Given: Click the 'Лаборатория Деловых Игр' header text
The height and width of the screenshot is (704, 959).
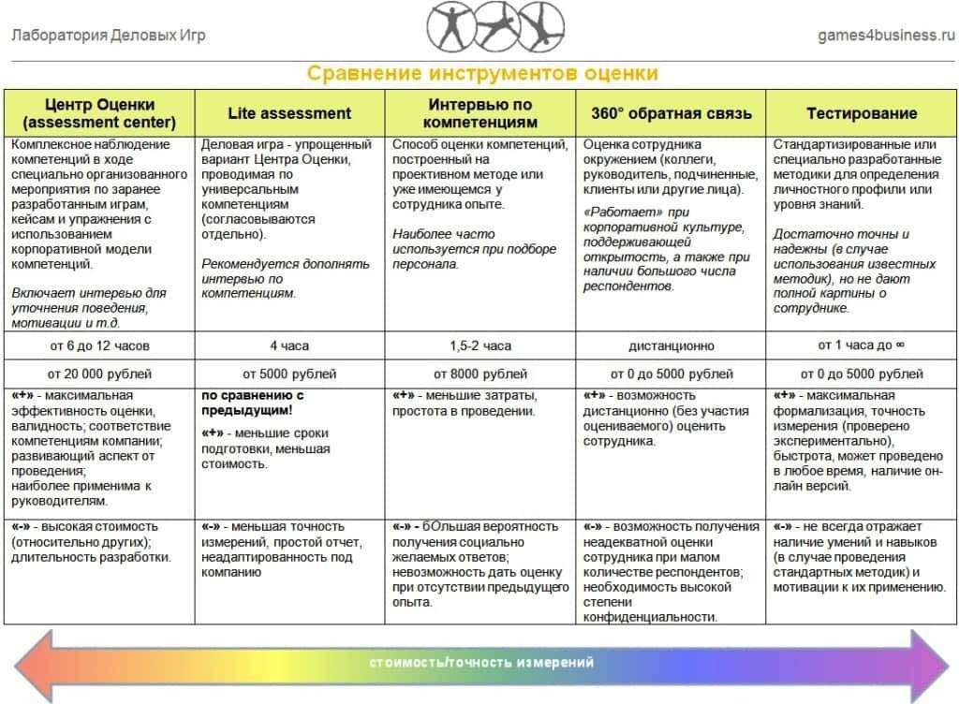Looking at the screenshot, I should (x=109, y=36).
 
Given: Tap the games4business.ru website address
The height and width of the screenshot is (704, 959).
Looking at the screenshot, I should (x=886, y=36).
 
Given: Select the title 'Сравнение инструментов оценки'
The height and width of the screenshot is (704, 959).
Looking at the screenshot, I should (x=483, y=74).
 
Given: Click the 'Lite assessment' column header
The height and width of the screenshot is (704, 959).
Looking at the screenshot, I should (x=289, y=113).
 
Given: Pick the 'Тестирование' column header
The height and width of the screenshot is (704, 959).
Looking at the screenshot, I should (x=862, y=113).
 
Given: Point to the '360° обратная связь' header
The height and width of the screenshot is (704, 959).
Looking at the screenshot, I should (x=671, y=113).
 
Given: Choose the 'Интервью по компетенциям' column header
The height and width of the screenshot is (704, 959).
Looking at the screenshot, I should (x=480, y=113).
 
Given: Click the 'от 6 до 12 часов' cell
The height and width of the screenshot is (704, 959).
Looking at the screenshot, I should (x=100, y=345).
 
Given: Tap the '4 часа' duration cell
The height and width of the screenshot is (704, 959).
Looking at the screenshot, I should (x=289, y=345).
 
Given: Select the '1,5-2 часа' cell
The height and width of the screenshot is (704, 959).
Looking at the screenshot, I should (x=480, y=345).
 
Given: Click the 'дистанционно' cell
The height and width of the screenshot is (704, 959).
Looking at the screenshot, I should (x=671, y=345).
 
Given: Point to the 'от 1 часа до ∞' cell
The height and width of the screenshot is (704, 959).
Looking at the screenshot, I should (x=862, y=345).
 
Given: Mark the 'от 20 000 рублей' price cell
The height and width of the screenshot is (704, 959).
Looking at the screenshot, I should (x=100, y=374).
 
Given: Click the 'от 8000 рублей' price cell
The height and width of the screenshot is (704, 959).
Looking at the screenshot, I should (x=480, y=374).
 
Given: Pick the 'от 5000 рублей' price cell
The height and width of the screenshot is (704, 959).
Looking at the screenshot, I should (x=289, y=374).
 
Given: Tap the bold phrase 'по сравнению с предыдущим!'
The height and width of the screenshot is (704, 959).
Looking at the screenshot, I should (x=254, y=403).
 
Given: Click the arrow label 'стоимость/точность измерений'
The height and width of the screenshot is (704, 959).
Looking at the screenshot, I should (x=481, y=663).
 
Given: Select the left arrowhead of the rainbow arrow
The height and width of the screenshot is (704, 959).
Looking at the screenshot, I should (x=33, y=663).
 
